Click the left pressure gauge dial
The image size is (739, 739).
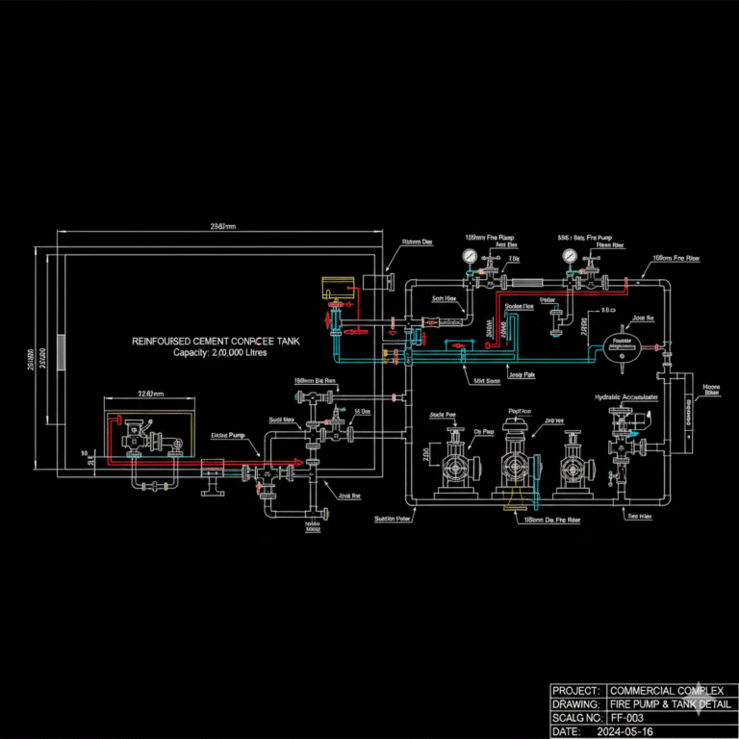click(469, 257)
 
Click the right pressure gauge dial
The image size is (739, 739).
click(571, 257)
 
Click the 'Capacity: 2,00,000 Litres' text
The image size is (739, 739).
click(219, 353)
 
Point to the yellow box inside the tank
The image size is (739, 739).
click(337, 285)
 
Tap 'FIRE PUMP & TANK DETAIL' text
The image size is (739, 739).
click(671, 704)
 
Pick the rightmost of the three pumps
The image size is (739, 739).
click(573, 466)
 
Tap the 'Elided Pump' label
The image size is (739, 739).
click(228, 435)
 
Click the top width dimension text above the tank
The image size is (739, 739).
click(222, 226)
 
